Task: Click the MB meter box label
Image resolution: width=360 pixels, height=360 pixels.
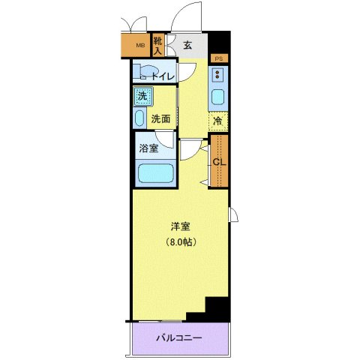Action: coord(139,47)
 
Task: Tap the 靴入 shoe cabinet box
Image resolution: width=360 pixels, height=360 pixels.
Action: coord(158,46)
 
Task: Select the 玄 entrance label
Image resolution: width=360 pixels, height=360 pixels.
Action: coord(187,46)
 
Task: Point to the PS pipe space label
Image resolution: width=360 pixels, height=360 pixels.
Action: coord(219,58)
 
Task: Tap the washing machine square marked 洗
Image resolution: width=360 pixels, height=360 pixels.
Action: coord(142,96)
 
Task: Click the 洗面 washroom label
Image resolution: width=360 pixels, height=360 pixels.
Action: coord(160,118)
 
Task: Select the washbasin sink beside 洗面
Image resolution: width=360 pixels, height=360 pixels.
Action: coord(139,118)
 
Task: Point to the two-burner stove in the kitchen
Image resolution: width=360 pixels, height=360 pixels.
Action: coord(219,76)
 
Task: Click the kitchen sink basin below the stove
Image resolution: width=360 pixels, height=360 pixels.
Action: coord(219,98)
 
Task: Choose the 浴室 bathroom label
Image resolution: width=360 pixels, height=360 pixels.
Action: coord(148,148)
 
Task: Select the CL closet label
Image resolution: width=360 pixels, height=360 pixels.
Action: coord(219,162)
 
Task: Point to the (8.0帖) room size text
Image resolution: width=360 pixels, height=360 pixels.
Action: coord(180,241)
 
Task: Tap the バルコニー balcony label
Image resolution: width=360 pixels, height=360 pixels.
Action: coord(178,338)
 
